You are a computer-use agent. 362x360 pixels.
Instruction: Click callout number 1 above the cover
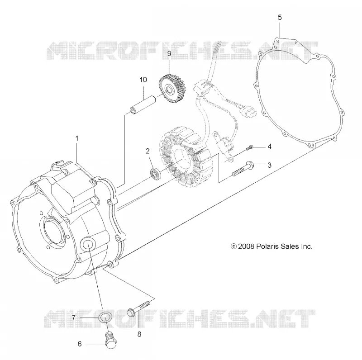coord(77,138)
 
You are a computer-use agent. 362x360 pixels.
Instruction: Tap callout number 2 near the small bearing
coord(148,151)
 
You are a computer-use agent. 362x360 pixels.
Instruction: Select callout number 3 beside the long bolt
coord(269,165)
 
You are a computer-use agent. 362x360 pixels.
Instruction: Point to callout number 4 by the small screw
coord(269,147)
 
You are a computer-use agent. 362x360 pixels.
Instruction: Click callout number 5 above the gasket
coord(280,18)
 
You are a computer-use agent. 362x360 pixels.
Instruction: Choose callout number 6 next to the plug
coord(80,344)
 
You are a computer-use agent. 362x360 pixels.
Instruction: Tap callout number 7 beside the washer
coord(73,318)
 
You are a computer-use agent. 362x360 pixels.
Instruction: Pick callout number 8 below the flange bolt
coord(139,334)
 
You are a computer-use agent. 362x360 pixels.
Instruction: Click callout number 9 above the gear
coord(169,54)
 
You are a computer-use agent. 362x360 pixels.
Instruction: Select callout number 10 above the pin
coord(143,80)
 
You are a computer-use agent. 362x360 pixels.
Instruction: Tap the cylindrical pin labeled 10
coord(143,105)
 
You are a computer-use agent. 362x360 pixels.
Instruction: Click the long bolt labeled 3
coord(243,169)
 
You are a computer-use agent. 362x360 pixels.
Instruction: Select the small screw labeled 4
coord(250,147)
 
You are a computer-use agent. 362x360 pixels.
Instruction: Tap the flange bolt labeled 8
coord(138,308)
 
